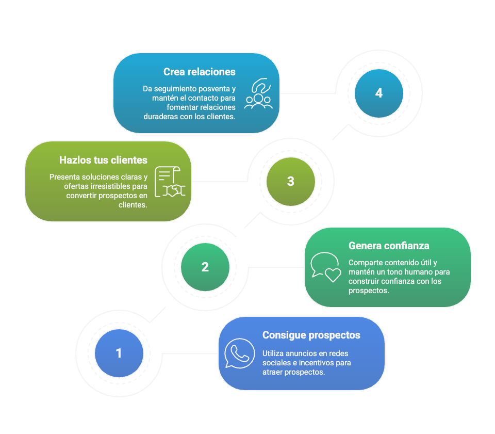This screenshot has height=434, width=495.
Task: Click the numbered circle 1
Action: (119, 353)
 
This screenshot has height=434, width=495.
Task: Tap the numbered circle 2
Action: (205, 267)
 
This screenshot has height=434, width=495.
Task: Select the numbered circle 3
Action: (291, 181)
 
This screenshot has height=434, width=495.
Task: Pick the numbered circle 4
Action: (379, 93)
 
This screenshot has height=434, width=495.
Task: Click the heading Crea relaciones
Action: (200, 72)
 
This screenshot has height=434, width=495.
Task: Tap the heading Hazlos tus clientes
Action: (103, 160)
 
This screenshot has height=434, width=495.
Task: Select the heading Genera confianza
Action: (389, 246)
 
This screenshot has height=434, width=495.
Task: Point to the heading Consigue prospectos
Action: (311, 335)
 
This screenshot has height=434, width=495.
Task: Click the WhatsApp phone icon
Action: (240, 353)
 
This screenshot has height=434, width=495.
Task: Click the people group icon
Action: (258, 94)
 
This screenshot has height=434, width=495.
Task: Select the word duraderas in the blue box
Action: (161, 117)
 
